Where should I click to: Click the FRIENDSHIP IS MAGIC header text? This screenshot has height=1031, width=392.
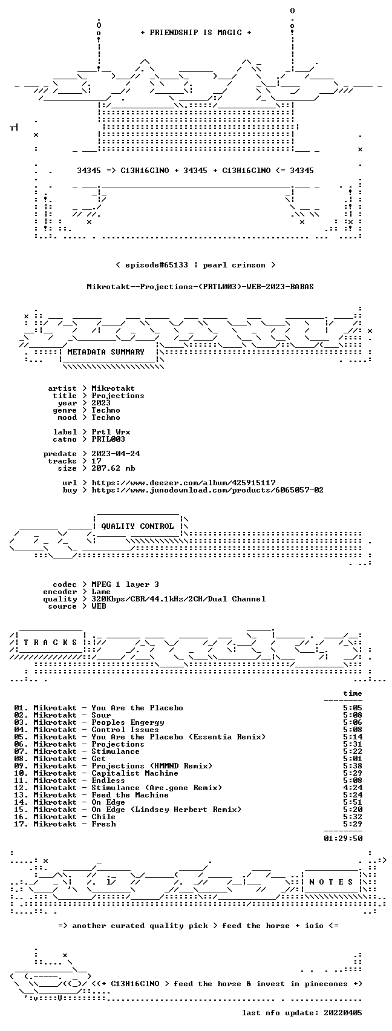click(195, 32)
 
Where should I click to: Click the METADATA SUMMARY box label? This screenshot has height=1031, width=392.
click(106, 352)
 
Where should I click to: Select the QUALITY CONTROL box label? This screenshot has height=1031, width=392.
click(137, 526)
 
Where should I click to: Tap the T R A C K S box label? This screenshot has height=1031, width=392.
click(51, 642)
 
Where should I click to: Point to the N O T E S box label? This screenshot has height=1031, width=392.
click(332, 882)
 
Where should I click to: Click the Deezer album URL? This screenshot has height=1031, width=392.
click(183, 483)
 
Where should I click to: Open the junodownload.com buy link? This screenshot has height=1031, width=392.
click(207, 490)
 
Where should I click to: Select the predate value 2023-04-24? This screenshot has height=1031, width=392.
click(116, 454)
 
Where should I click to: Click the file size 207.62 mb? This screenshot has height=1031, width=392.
click(113, 468)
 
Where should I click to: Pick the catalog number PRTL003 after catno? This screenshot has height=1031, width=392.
click(108, 439)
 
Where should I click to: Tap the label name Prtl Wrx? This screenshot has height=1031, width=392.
click(111, 432)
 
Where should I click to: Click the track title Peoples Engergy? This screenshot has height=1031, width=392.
click(128, 722)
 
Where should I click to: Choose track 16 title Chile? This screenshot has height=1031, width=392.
click(103, 817)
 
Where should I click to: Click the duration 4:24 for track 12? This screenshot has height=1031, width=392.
click(353, 788)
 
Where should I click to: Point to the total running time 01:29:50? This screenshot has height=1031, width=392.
click(343, 839)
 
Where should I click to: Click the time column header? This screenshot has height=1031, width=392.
click(353, 693)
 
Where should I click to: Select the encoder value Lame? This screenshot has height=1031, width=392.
click(101, 592)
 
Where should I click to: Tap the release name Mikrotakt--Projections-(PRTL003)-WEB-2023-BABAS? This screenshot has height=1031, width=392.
click(200, 287)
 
